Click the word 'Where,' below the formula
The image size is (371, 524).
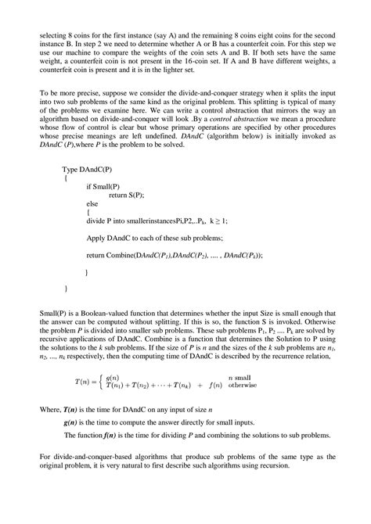point(50,409)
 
